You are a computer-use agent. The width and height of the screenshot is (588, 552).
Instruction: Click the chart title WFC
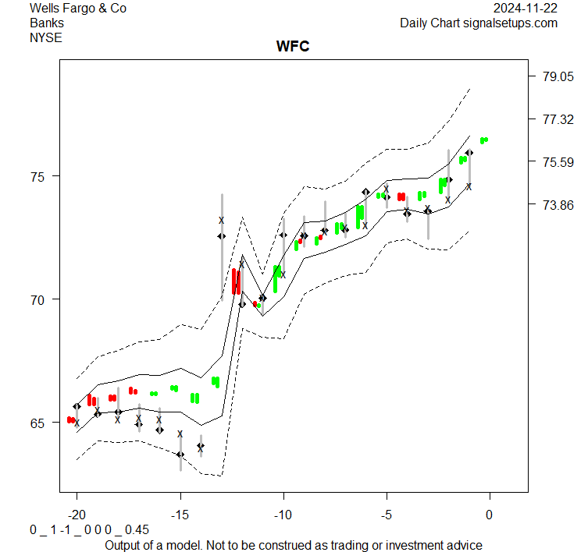(x=293, y=47)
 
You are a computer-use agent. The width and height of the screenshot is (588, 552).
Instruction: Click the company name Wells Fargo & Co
(x=77, y=9)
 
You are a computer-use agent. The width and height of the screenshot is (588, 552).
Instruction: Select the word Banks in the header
(x=47, y=23)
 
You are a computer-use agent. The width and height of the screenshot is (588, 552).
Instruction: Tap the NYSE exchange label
(x=46, y=37)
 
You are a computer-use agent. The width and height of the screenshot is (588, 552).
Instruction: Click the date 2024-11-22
(x=526, y=9)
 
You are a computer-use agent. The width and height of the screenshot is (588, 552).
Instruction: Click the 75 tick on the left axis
(x=37, y=176)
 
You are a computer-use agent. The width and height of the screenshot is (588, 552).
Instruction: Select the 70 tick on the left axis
(x=37, y=299)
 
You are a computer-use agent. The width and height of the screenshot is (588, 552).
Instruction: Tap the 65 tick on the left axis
(x=37, y=423)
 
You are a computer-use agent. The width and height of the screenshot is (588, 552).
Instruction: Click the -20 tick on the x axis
(x=77, y=515)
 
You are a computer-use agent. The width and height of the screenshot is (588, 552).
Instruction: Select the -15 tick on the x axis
(x=180, y=515)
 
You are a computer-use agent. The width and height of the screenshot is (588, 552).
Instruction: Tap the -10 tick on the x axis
(x=283, y=515)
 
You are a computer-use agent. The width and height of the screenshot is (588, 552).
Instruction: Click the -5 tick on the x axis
(x=386, y=515)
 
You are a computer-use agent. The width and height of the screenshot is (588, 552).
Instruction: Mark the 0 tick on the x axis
(x=490, y=515)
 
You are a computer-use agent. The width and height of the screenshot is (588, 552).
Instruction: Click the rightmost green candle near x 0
(x=484, y=140)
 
